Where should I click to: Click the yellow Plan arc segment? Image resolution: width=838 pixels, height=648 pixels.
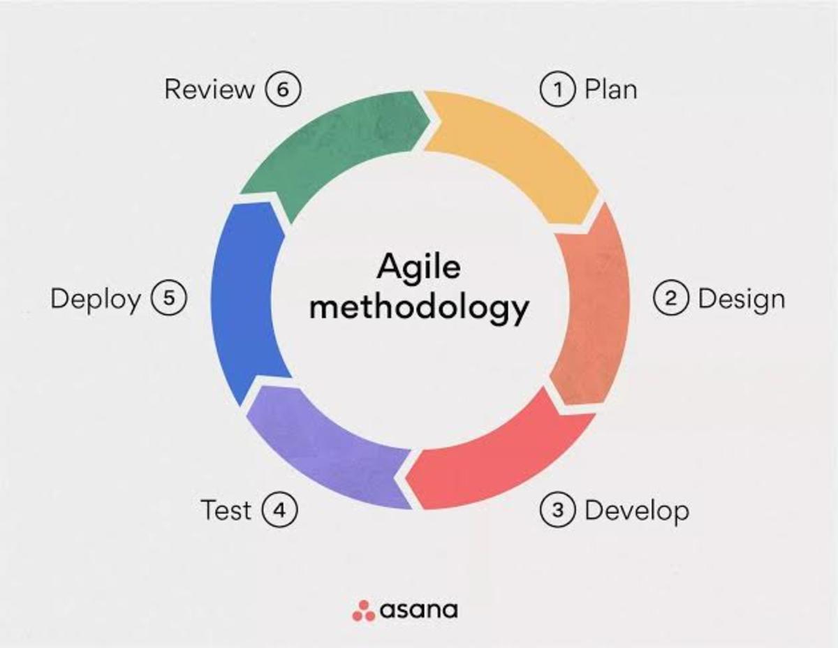pyautogui.click(x=517, y=150)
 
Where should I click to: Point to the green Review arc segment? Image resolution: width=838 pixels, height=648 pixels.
pyautogui.click(x=335, y=150)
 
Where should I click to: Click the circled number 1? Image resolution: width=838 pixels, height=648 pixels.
pyautogui.click(x=558, y=90)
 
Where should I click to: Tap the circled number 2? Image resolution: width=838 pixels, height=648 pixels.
pyautogui.click(x=671, y=299)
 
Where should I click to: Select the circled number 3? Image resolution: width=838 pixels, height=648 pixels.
pyautogui.click(x=558, y=510)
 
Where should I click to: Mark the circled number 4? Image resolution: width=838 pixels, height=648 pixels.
pyautogui.click(x=279, y=510)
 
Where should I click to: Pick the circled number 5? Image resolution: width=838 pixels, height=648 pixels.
pyautogui.click(x=168, y=299)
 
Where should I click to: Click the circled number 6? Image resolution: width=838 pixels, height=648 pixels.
pyautogui.click(x=283, y=90)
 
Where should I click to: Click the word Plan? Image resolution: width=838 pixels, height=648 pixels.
pyautogui.click(x=610, y=90)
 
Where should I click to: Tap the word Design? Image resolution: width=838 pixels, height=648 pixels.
pyautogui.click(x=741, y=299)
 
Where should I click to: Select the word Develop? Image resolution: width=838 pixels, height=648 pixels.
pyautogui.click(x=636, y=511)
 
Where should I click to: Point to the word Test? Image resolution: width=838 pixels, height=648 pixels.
pyautogui.click(x=226, y=510)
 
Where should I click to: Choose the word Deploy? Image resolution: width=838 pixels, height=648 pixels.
pyautogui.click(x=96, y=300)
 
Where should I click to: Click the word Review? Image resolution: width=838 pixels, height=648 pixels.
pyautogui.click(x=209, y=89)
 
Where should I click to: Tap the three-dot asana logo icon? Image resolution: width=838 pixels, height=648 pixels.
pyautogui.click(x=363, y=610)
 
